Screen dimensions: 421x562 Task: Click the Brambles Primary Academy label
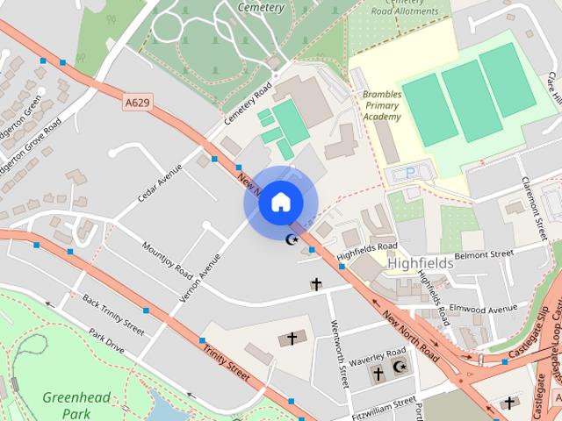(381, 104)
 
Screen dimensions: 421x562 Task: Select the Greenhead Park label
(76, 405)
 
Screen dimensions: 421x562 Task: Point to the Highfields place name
(420, 262)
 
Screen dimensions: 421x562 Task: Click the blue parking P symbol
(409, 174)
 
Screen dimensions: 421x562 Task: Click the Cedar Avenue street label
(159, 181)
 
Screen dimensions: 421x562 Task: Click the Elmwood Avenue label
(483, 309)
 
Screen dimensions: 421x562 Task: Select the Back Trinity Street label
(113, 314)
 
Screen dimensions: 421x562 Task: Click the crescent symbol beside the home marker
(293, 239)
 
